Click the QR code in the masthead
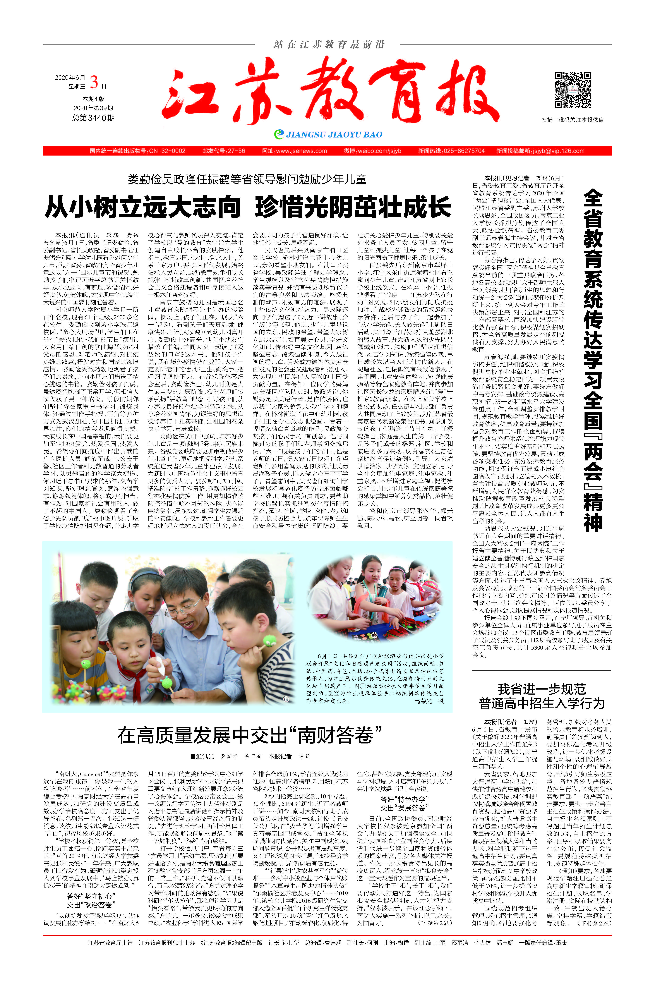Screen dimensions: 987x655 pos(572,90)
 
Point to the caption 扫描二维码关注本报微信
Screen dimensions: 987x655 pos(572,119)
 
